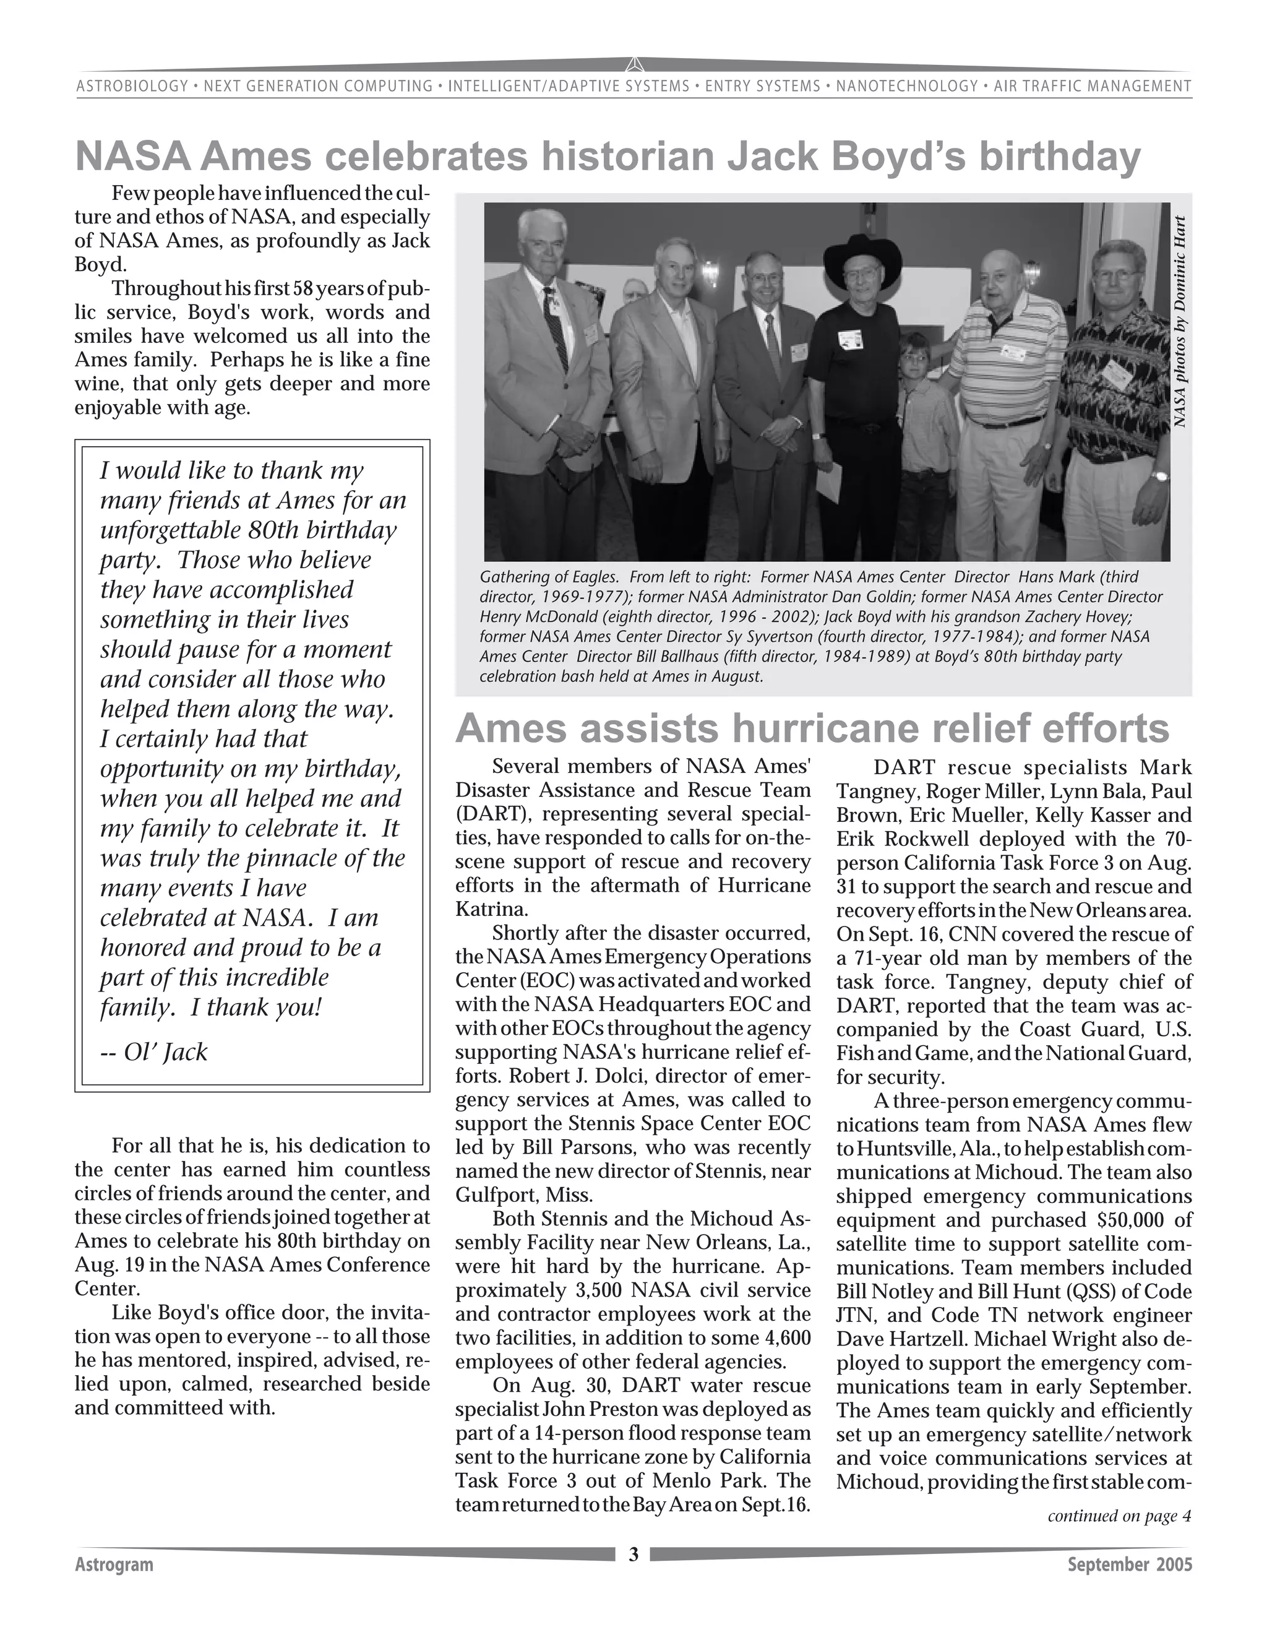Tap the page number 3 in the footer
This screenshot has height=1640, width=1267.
tap(633, 1553)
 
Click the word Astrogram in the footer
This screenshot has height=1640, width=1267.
tap(114, 1564)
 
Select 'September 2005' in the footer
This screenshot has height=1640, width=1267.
tap(1130, 1564)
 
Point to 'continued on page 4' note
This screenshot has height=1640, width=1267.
tap(1119, 1516)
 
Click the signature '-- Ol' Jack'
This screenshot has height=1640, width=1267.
tap(154, 1051)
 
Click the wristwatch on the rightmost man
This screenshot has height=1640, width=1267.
tap(1160, 475)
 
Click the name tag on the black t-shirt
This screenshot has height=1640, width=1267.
tap(851, 337)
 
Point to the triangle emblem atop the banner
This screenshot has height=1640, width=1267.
tap(633, 64)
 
